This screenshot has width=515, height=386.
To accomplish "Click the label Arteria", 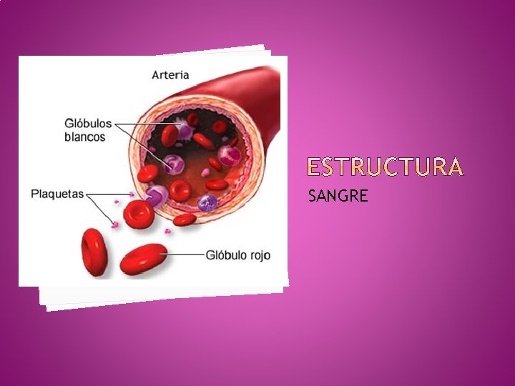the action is (x=170, y=74).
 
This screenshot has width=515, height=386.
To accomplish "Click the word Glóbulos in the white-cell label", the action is (x=88, y=124).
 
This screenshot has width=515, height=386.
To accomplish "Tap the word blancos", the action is (x=84, y=137).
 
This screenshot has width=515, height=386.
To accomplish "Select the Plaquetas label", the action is (x=57, y=194).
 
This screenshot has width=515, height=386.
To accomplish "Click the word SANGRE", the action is (x=338, y=194).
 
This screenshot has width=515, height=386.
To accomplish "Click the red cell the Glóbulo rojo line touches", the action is (x=142, y=259).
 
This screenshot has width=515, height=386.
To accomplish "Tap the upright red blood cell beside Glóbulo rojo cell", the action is (x=94, y=251).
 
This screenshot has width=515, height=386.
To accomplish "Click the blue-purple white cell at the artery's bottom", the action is (x=207, y=202).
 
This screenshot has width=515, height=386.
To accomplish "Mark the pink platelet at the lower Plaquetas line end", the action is (x=114, y=224).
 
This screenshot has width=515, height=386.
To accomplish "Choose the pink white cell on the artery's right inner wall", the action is (x=230, y=154).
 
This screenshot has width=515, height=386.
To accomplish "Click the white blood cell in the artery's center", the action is (x=174, y=164).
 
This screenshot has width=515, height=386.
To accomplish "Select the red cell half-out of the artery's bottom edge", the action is (x=185, y=219).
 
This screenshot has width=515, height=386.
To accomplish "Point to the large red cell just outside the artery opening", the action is (x=138, y=214).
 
